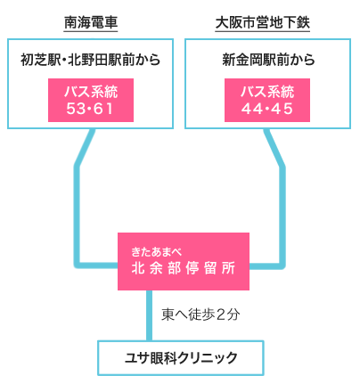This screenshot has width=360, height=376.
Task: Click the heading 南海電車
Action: click(91, 22)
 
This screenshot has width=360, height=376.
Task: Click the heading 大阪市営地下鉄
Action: click(263, 22)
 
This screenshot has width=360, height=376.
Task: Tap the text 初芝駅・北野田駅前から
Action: click(90, 60)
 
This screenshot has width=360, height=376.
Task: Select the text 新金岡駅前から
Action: click(268, 60)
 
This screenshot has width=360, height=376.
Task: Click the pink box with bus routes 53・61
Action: click(91, 100)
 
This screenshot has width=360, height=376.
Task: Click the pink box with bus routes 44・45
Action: click(267, 100)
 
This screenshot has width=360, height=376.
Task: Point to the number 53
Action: click(76, 109)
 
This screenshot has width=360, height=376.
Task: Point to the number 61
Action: click(103, 109)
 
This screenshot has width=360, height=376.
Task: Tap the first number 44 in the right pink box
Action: click(252, 109)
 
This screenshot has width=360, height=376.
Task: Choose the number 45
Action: click(282, 109)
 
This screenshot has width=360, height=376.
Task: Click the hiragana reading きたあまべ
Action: click(156, 252)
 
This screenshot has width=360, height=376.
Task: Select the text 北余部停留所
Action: click(184, 268)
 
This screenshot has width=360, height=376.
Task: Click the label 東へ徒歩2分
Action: click(200, 315)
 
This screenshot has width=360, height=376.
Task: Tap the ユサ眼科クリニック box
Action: click(181, 358)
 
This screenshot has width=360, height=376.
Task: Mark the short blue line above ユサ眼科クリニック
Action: click(149, 315)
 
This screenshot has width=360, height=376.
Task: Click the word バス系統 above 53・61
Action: click(91, 92)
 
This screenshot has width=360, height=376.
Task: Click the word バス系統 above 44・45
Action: click(267, 92)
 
